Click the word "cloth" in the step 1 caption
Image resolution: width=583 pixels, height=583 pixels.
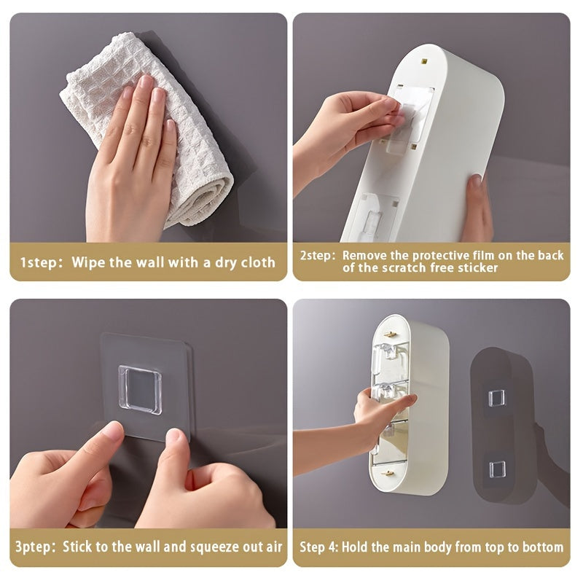click(x=254, y=262)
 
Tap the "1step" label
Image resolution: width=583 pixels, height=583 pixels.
click(x=39, y=262)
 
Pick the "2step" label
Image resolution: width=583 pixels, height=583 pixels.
click(x=317, y=256)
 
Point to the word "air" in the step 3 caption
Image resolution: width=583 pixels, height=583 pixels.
click(x=270, y=547)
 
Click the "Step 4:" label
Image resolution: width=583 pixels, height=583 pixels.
click(x=321, y=547)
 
